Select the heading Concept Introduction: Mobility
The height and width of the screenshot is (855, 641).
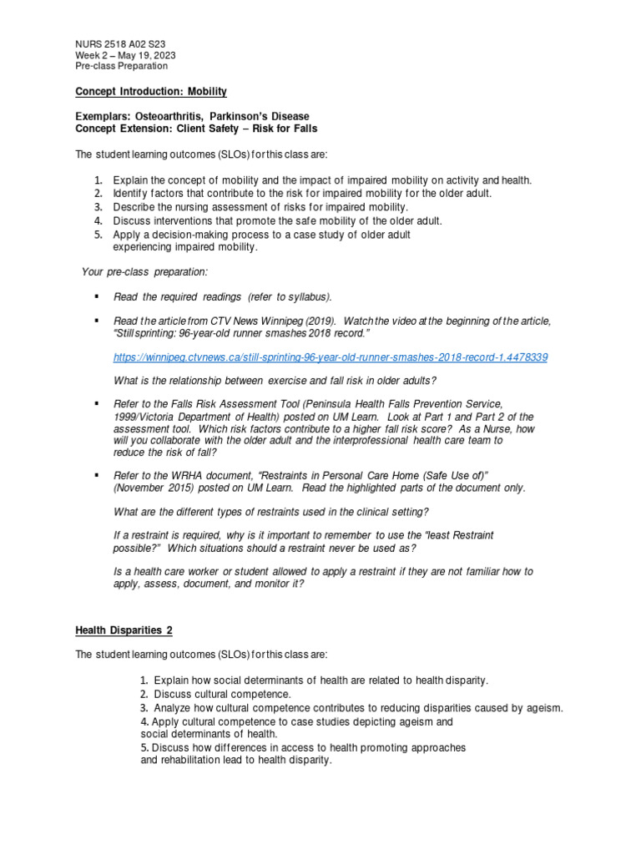click(150, 91)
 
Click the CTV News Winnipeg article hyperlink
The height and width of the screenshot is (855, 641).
click(331, 357)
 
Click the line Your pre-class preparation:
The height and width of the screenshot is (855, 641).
click(144, 271)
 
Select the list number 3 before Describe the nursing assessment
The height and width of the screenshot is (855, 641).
click(97, 206)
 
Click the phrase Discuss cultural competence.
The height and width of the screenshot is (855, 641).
click(222, 694)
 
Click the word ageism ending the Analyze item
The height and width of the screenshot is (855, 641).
click(545, 708)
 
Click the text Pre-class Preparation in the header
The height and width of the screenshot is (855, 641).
click(121, 66)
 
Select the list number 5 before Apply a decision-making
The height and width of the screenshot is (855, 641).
click(97, 235)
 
